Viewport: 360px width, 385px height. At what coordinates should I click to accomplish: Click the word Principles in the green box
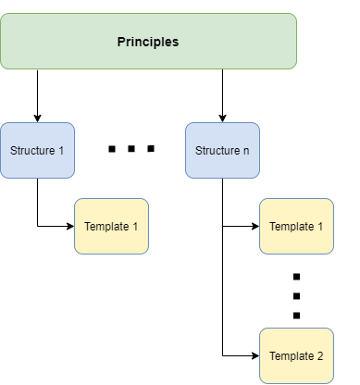click(148, 42)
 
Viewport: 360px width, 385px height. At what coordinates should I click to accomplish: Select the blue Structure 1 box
click(37, 150)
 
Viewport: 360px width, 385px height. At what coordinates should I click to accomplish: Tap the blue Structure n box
click(222, 150)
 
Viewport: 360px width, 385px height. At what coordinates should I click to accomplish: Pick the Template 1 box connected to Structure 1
click(111, 226)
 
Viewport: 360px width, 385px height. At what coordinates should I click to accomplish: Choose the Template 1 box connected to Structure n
click(296, 226)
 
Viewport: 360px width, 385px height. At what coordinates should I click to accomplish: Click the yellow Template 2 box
click(296, 355)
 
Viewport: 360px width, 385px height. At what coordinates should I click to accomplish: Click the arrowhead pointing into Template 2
click(254, 355)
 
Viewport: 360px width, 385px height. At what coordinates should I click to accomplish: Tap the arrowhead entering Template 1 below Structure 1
click(69, 226)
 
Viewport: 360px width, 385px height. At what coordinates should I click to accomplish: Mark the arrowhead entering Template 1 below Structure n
click(254, 226)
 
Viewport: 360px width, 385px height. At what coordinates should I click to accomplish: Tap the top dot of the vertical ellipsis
click(296, 277)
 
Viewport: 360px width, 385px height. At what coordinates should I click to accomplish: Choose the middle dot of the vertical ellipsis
click(296, 296)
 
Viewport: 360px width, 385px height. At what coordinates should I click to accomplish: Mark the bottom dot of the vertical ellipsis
click(296, 316)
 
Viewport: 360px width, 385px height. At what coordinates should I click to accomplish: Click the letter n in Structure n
click(245, 150)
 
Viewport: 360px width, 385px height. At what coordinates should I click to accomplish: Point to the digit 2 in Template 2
click(319, 356)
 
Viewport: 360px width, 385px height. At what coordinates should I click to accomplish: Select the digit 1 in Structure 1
click(61, 150)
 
